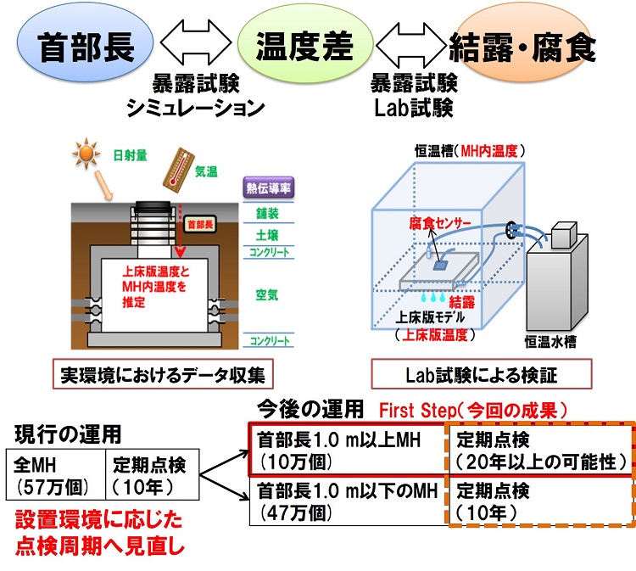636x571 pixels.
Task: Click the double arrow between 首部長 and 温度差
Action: [x=196, y=43]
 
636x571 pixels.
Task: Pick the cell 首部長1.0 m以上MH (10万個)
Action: [x=348, y=450]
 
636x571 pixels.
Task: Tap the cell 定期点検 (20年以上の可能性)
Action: [x=541, y=450]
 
